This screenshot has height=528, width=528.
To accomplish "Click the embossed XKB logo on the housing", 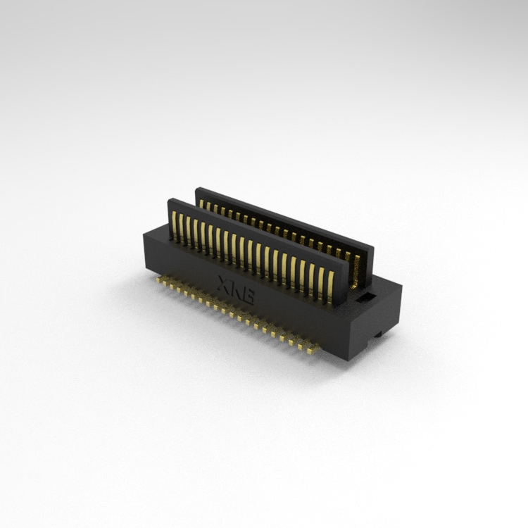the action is click(236, 290).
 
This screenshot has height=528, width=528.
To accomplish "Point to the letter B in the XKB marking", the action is click(249, 297).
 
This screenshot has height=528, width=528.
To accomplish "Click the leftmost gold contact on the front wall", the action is click(175, 225).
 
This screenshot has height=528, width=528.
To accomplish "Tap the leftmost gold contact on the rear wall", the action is click(201, 203).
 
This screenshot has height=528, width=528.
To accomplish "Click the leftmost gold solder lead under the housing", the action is click(158, 279).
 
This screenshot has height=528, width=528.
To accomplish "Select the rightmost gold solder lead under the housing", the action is click(312, 350).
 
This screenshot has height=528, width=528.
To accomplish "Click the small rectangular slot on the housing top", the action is click(365, 298).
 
